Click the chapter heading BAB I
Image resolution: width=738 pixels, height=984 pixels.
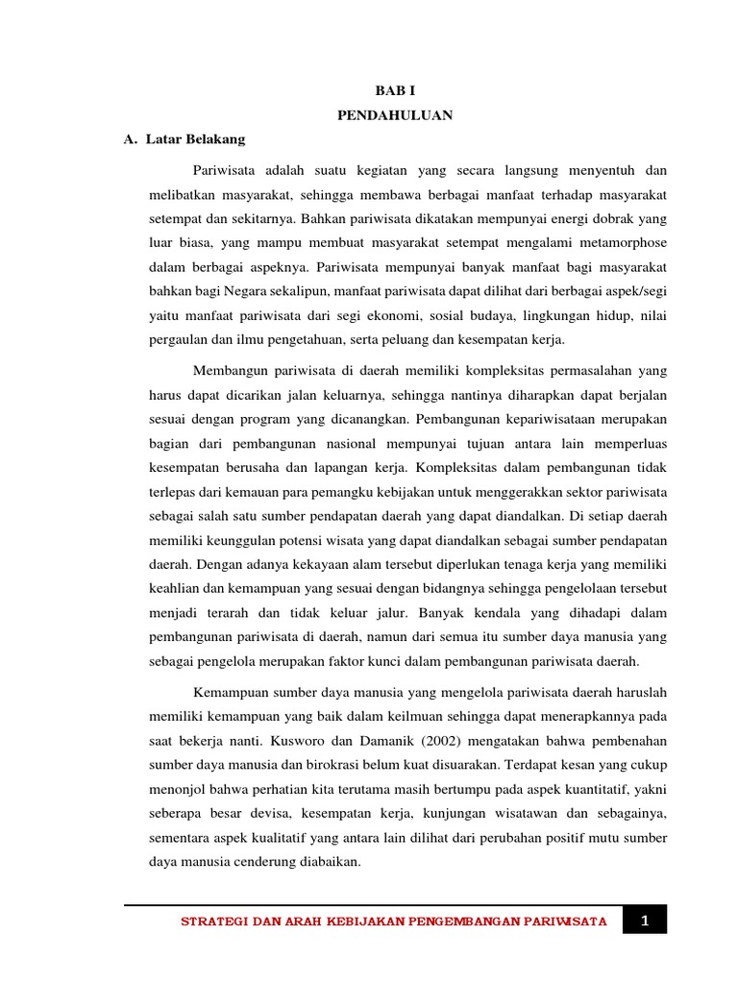coord(396,90)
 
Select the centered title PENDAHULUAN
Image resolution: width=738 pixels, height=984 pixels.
coord(396,115)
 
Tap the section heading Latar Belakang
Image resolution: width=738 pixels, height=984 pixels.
coord(195,139)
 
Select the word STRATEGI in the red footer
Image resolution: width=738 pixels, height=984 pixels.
coord(214,922)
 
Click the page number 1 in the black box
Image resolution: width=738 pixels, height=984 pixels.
coord(645,921)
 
